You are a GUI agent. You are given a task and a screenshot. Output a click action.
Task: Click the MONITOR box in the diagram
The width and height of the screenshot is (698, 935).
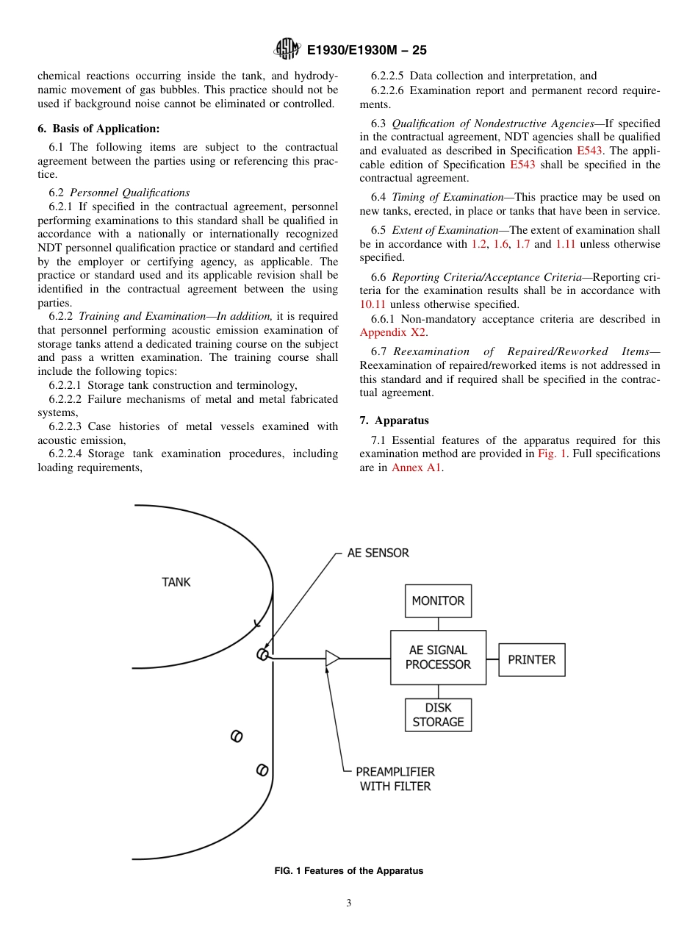(x=438, y=601)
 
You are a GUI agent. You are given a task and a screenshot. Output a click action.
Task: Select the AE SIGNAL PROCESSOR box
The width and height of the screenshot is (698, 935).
(x=438, y=657)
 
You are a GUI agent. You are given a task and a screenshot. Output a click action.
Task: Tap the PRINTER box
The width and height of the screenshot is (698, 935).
(x=531, y=659)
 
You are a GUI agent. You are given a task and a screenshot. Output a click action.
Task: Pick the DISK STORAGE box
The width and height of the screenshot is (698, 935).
(x=438, y=714)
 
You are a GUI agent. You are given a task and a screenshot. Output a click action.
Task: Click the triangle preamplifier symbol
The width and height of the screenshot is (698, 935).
(x=332, y=659)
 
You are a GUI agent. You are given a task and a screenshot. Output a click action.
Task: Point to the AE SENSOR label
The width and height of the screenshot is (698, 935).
(x=378, y=553)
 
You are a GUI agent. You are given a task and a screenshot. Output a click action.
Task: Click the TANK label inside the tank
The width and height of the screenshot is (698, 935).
(x=176, y=582)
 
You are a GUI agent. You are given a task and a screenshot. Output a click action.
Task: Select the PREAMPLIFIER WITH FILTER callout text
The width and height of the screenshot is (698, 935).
(x=395, y=779)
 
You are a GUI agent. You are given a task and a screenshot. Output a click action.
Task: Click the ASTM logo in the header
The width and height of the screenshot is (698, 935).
(x=287, y=49)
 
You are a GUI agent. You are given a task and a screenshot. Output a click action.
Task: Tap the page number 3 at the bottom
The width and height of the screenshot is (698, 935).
(x=349, y=903)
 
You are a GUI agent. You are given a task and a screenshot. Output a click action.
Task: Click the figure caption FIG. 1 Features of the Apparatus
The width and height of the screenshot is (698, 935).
(x=349, y=871)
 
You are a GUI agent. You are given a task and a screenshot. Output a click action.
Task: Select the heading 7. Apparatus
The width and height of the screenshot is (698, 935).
(x=395, y=420)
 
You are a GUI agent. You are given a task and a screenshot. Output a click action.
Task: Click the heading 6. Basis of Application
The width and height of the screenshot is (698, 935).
(x=98, y=129)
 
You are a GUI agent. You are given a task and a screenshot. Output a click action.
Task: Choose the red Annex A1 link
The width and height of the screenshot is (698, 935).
(x=417, y=467)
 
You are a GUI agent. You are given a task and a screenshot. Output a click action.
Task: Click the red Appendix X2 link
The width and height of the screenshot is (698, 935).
(x=392, y=332)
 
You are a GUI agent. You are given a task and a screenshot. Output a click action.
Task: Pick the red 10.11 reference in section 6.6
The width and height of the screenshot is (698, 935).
(x=373, y=304)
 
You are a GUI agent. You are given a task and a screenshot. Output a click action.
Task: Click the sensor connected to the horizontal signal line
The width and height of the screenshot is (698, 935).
(x=262, y=655)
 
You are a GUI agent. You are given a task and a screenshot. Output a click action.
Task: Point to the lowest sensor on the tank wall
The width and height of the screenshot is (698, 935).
(x=262, y=770)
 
